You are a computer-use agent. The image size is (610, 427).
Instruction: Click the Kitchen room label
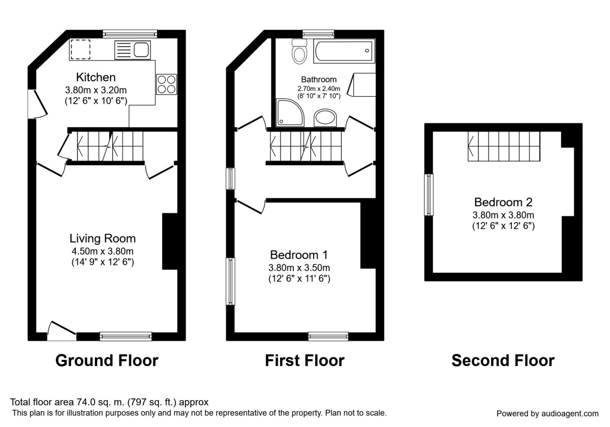click(96, 78)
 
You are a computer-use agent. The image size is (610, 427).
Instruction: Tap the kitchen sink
click(141, 49)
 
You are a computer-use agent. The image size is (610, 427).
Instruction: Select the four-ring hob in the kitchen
click(167, 84)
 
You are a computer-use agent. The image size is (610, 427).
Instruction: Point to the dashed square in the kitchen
click(80, 49)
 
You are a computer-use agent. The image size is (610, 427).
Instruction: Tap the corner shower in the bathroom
click(289, 112)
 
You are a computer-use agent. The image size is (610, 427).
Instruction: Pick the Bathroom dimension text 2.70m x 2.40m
click(319, 88)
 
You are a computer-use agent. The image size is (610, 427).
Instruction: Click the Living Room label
click(103, 238)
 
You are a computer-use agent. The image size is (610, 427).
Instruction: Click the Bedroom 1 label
click(299, 255)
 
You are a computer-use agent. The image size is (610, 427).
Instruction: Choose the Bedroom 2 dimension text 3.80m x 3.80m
click(503, 215)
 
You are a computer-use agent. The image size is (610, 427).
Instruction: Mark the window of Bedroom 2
click(430, 195)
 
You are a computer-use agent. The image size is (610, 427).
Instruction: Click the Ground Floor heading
click(107, 360)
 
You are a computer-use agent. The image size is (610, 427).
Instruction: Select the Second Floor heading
click(503, 360)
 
